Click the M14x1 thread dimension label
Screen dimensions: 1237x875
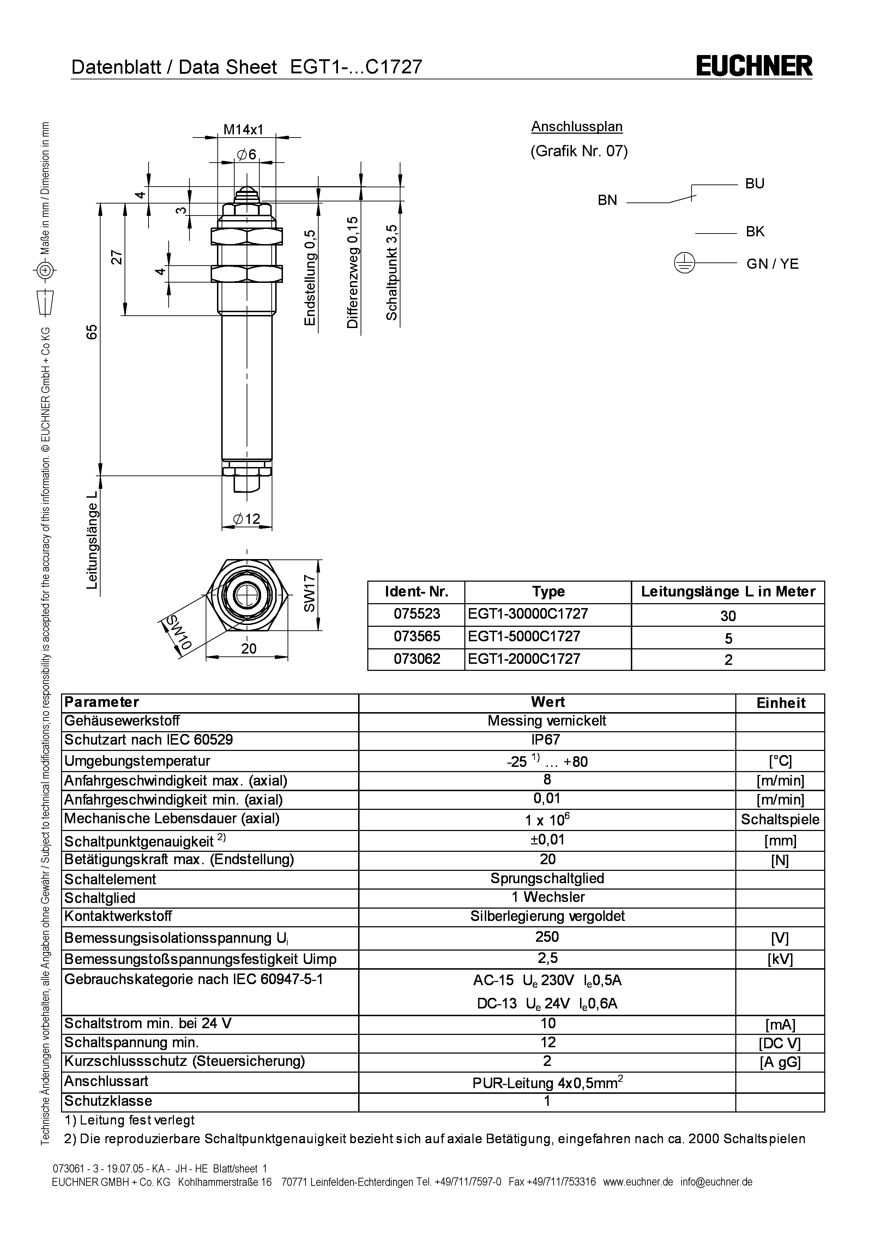[243, 129]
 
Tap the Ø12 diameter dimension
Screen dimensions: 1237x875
[247, 519]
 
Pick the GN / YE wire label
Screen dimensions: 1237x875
[772, 264]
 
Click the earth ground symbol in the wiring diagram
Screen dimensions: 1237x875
[684, 264]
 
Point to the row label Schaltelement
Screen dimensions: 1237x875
[110, 879]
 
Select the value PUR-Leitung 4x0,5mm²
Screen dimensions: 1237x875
[548, 1083]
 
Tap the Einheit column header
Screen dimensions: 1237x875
[781, 703]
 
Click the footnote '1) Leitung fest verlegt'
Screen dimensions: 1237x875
[129, 1120]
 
